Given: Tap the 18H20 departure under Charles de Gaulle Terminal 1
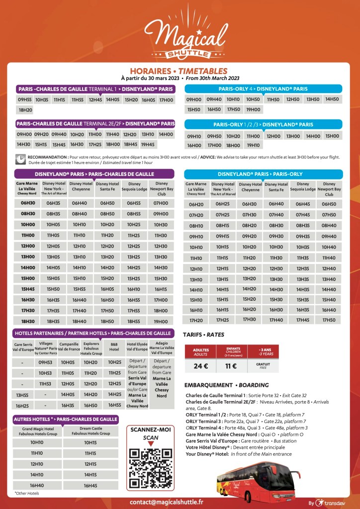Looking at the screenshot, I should pyautogui.click(x=25, y=110).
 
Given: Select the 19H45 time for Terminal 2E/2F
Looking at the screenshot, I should pyautogui.click(x=148, y=145).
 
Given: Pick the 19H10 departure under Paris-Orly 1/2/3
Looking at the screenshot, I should pyautogui.click(x=253, y=145).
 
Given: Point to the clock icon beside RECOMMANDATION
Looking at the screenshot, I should pyautogui.click(x=20, y=159).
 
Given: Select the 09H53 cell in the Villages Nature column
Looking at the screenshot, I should pyautogui.click(x=45, y=362).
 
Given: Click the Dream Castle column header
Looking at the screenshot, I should pyautogui.click(x=90, y=431).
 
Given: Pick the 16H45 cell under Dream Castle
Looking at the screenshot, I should pyautogui.click(x=90, y=485).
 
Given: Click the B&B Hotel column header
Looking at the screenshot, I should pyautogui.click(x=115, y=346).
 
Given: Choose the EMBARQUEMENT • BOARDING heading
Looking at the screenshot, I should pyautogui.click(x=226, y=385).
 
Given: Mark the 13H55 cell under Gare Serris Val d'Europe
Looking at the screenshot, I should pyautogui.click(x=22, y=395).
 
